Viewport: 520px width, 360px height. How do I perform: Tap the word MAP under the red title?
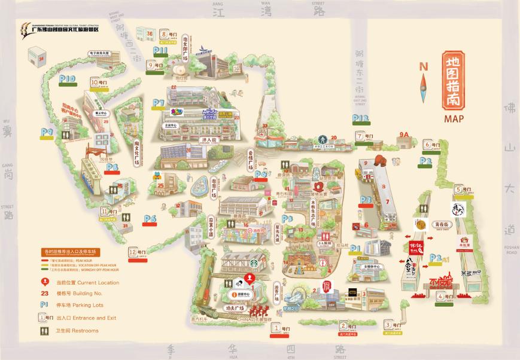pos(454,118)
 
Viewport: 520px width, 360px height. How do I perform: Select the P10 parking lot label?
pos(67,78)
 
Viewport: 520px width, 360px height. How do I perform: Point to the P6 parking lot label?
pos(150,219)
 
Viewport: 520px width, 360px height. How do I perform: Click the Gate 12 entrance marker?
pos(136,252)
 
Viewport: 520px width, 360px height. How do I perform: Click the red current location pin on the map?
pos(251,278)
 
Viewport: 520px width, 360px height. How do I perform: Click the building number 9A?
pos(404,135)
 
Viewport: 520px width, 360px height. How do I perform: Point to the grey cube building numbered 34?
pos(39,58)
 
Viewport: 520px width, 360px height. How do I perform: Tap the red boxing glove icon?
pos(379,160)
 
